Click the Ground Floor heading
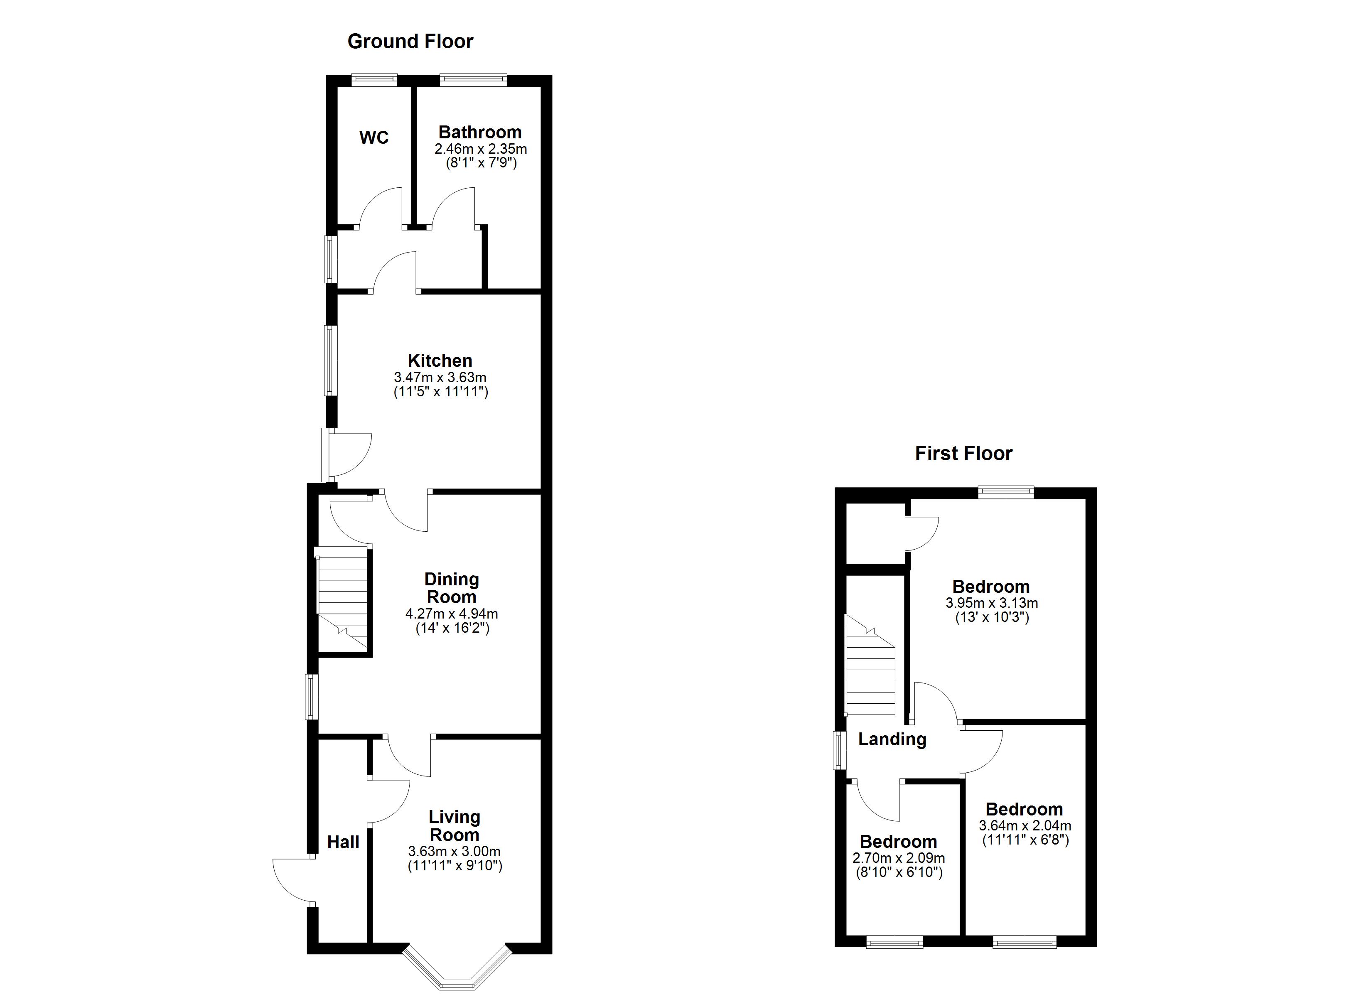[x=410, y=42]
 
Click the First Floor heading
[x=963, y=454]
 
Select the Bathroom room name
[x=480, y=133]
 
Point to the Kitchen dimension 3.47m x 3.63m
[x=440, y=377]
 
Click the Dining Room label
[x=452, y=588]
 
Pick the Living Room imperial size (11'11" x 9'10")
[x=455, y=866]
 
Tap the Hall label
[x=343, y=842]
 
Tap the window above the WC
[x=375, y=79]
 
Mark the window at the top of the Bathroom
[x=473, y=79]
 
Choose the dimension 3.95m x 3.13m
[x=991, y=603]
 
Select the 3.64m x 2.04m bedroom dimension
[x=1025, y=825]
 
